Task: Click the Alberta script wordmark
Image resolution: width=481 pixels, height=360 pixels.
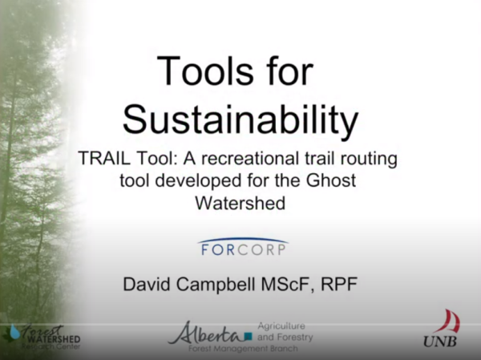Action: [210, 331]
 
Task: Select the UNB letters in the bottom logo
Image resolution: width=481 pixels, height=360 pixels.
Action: [443, 342]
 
